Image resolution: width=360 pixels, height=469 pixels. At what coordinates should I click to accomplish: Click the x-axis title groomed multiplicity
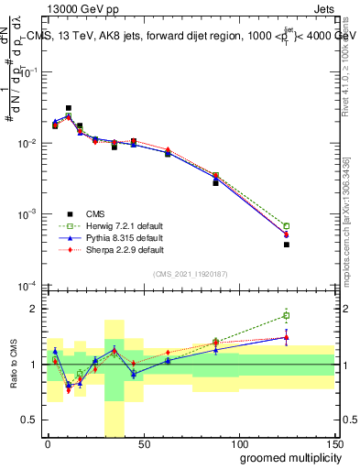(288, 458)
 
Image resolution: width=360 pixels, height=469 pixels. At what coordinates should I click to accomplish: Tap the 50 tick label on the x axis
(142, 443)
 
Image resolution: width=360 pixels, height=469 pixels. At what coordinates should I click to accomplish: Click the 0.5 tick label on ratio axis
(31, 420)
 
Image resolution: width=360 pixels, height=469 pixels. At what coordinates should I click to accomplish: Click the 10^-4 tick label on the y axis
(27, 285)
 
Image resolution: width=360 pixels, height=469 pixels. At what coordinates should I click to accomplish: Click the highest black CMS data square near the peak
(69, 108)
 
